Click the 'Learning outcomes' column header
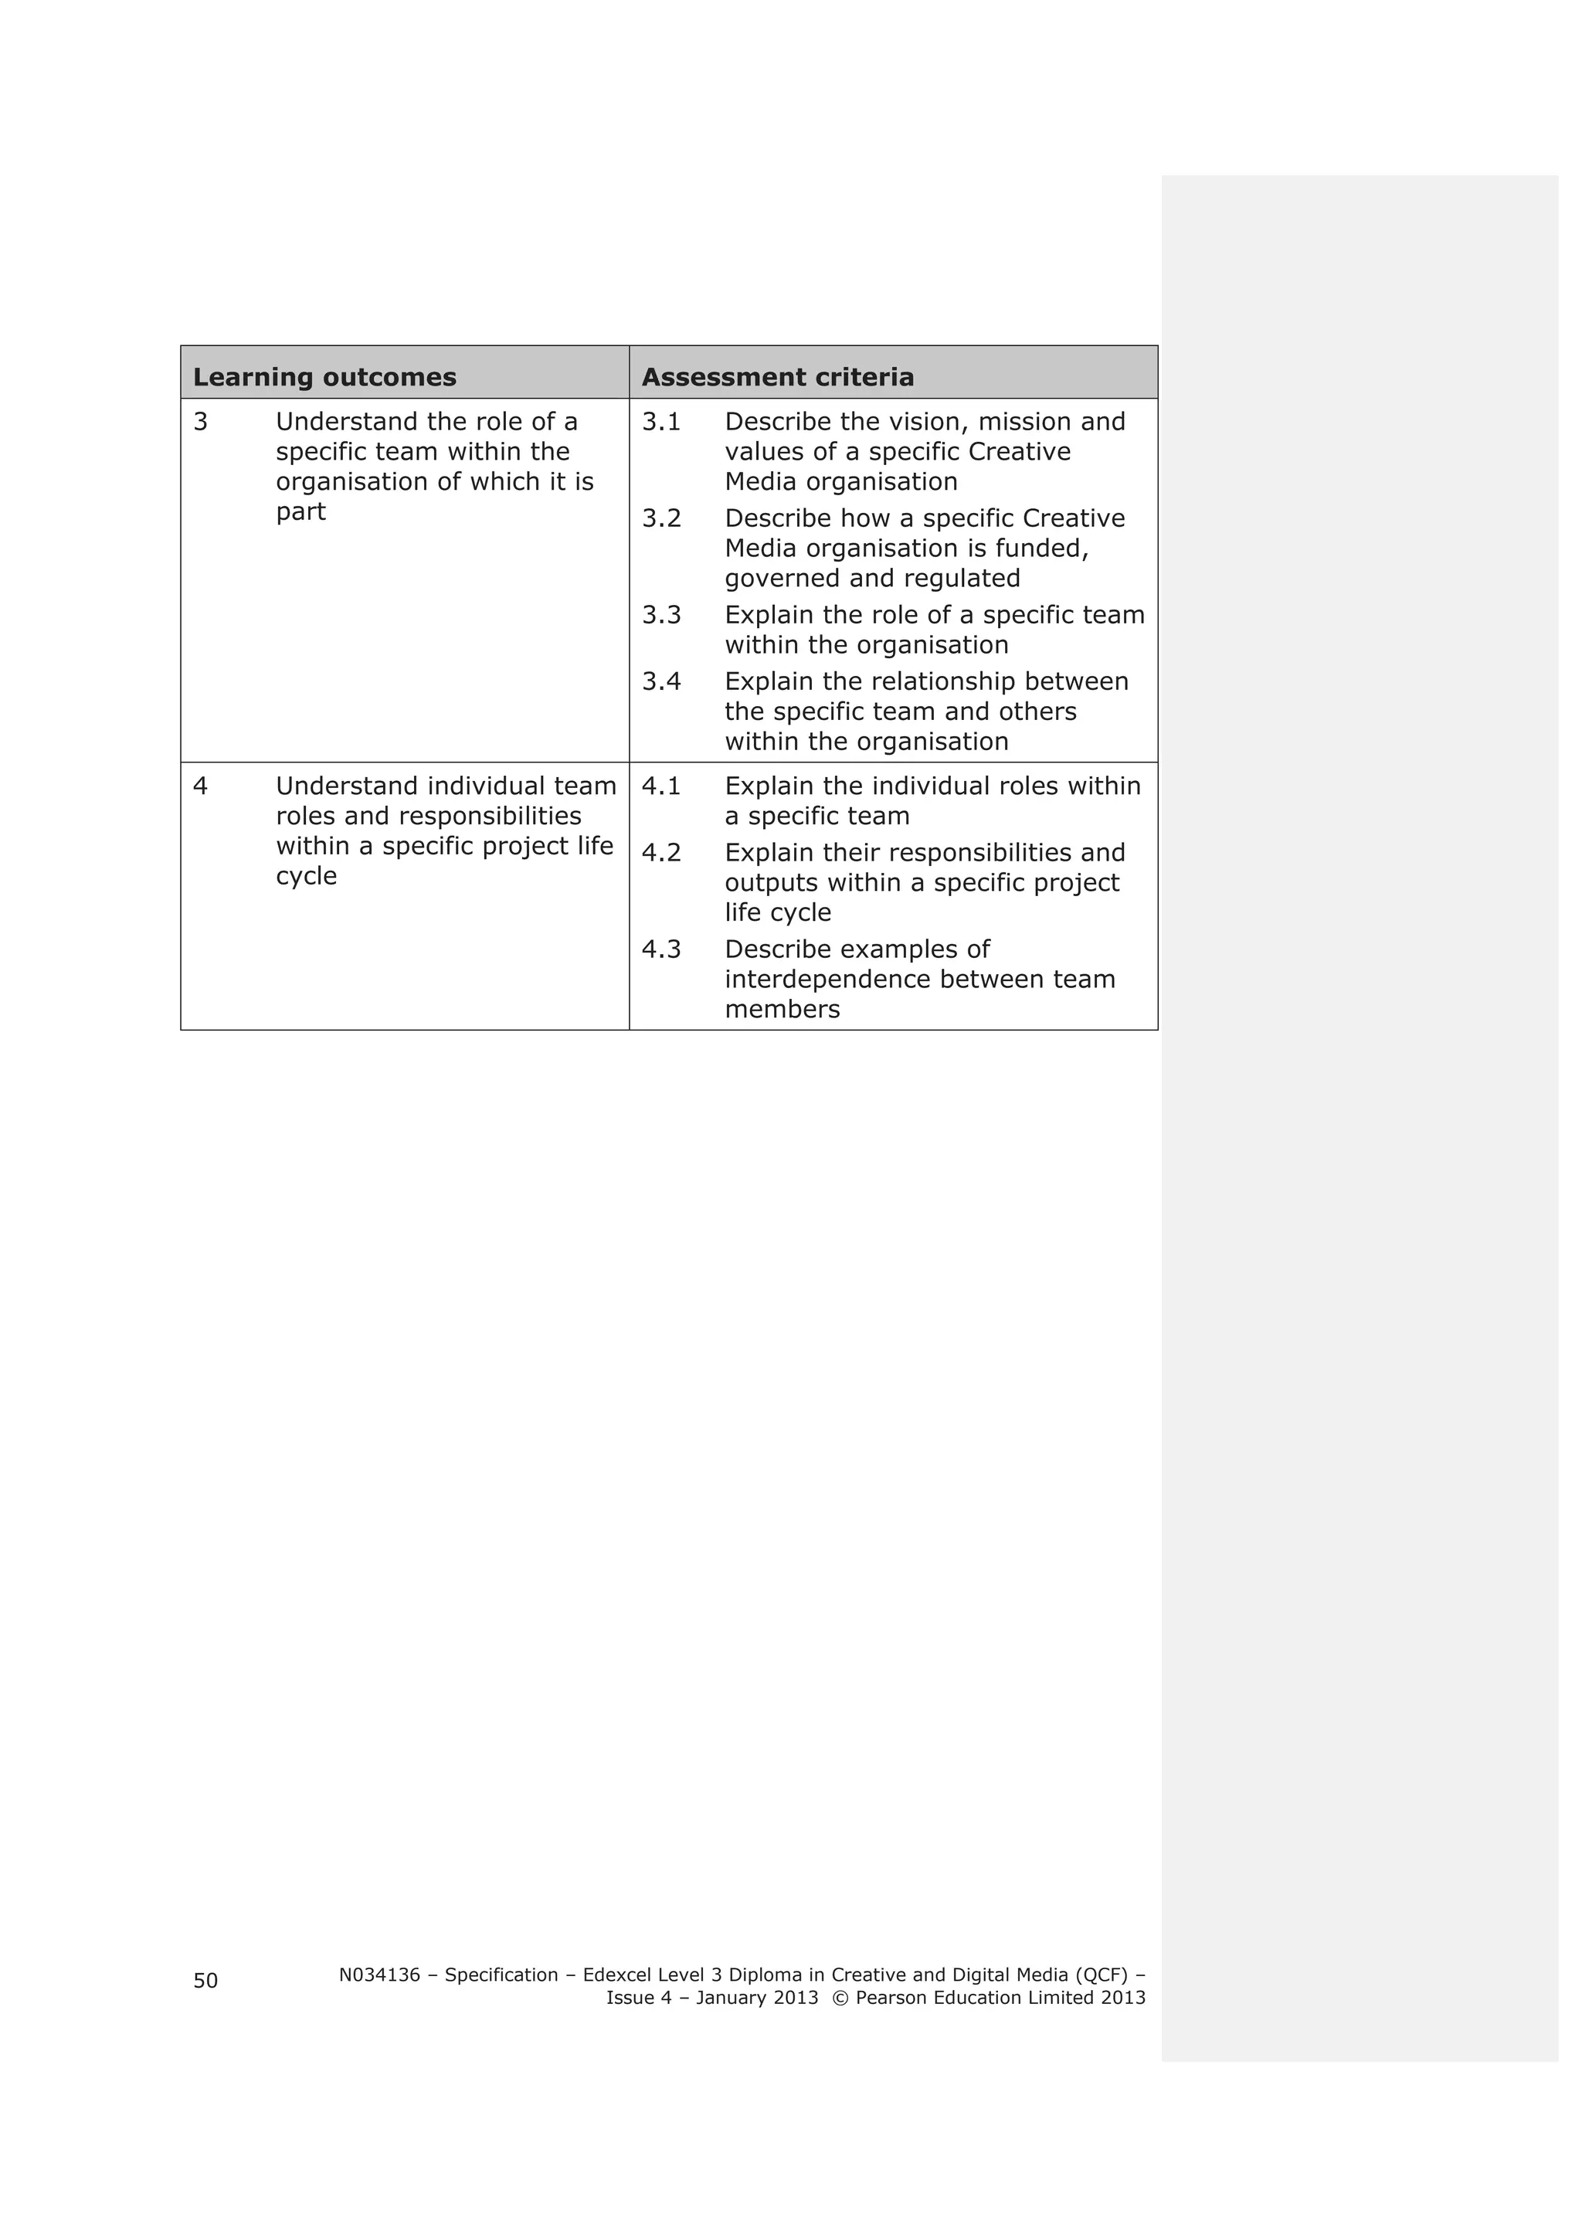(324, 377)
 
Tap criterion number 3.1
(661, 422)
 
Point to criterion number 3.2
(661, 518)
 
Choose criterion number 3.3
(661, 615)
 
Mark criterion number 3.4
(661, 681)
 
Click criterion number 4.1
(661, 786)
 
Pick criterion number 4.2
(661, 853)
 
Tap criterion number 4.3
(661, 949)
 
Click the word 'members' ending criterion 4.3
(782, 1010)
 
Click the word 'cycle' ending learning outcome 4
(306, 876)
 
